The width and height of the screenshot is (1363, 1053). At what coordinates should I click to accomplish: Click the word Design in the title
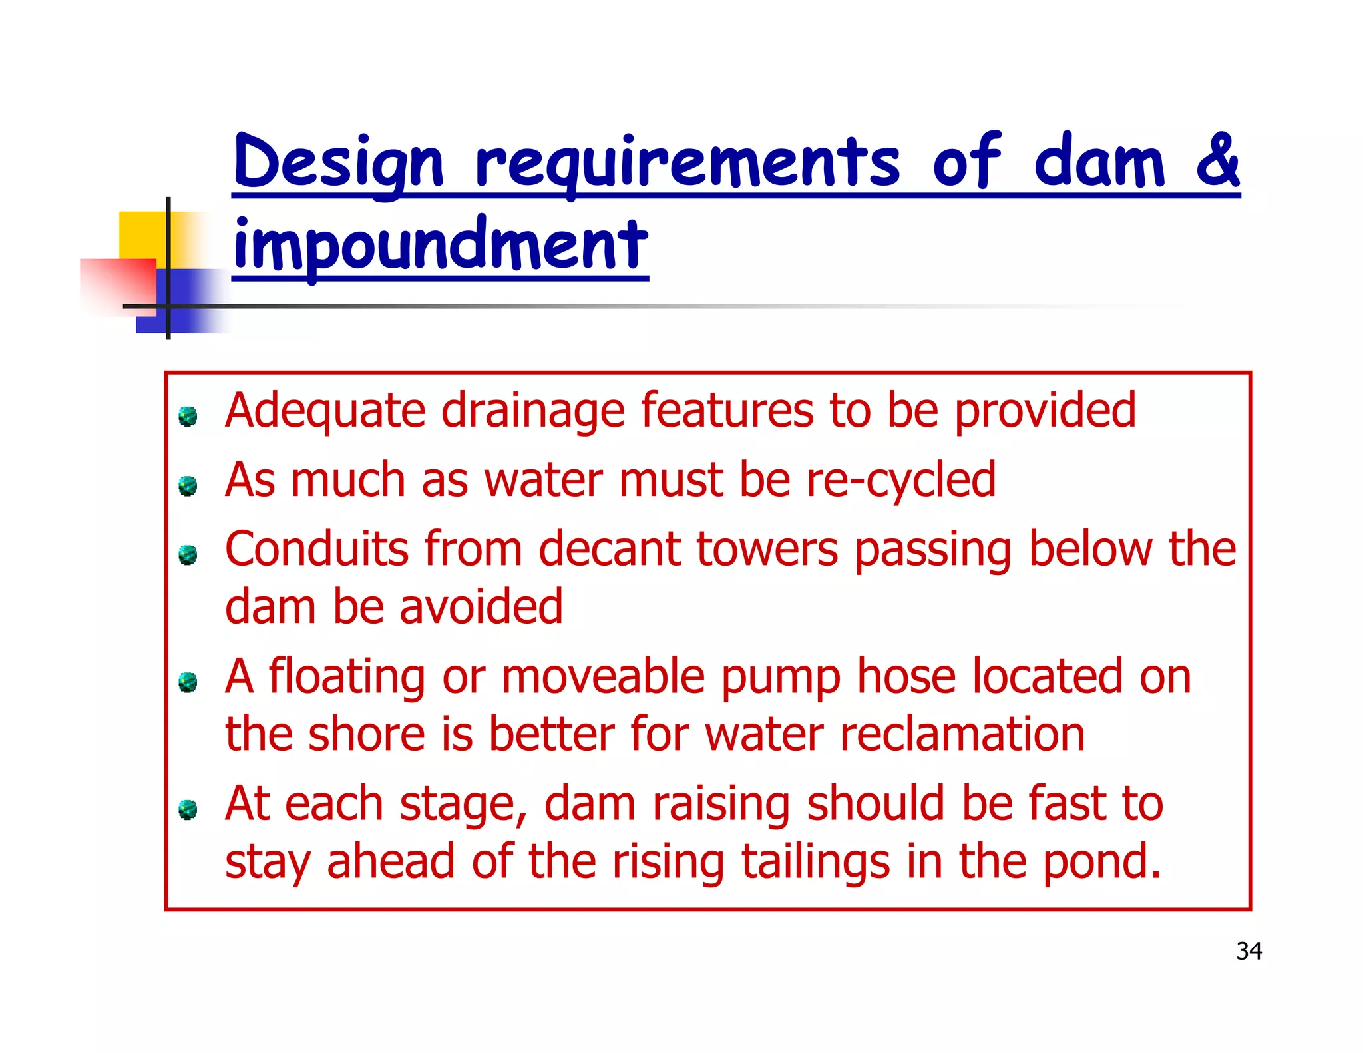(x=338, y=162)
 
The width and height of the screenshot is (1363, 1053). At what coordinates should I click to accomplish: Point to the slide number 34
(x=1249, y=951)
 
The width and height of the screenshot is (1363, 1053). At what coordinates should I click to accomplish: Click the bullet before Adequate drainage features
(x=188, y=417)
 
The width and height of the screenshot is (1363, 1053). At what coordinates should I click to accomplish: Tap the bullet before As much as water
(x=188, y=486)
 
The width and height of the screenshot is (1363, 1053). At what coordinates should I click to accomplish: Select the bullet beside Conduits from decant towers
(x=188, y=555)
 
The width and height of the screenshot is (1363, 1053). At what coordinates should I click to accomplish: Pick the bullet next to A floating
(x=188, y=682)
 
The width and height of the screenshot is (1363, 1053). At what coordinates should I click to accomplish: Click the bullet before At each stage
(x=188, y=809)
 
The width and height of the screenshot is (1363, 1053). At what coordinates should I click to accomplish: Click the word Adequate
(x=325, y=411)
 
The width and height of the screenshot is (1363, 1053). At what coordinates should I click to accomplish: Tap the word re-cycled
(x=901, y=481)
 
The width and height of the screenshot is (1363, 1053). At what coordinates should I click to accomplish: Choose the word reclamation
(x=962, y=735)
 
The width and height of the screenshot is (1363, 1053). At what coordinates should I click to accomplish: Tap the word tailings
(x=815, y=863)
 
